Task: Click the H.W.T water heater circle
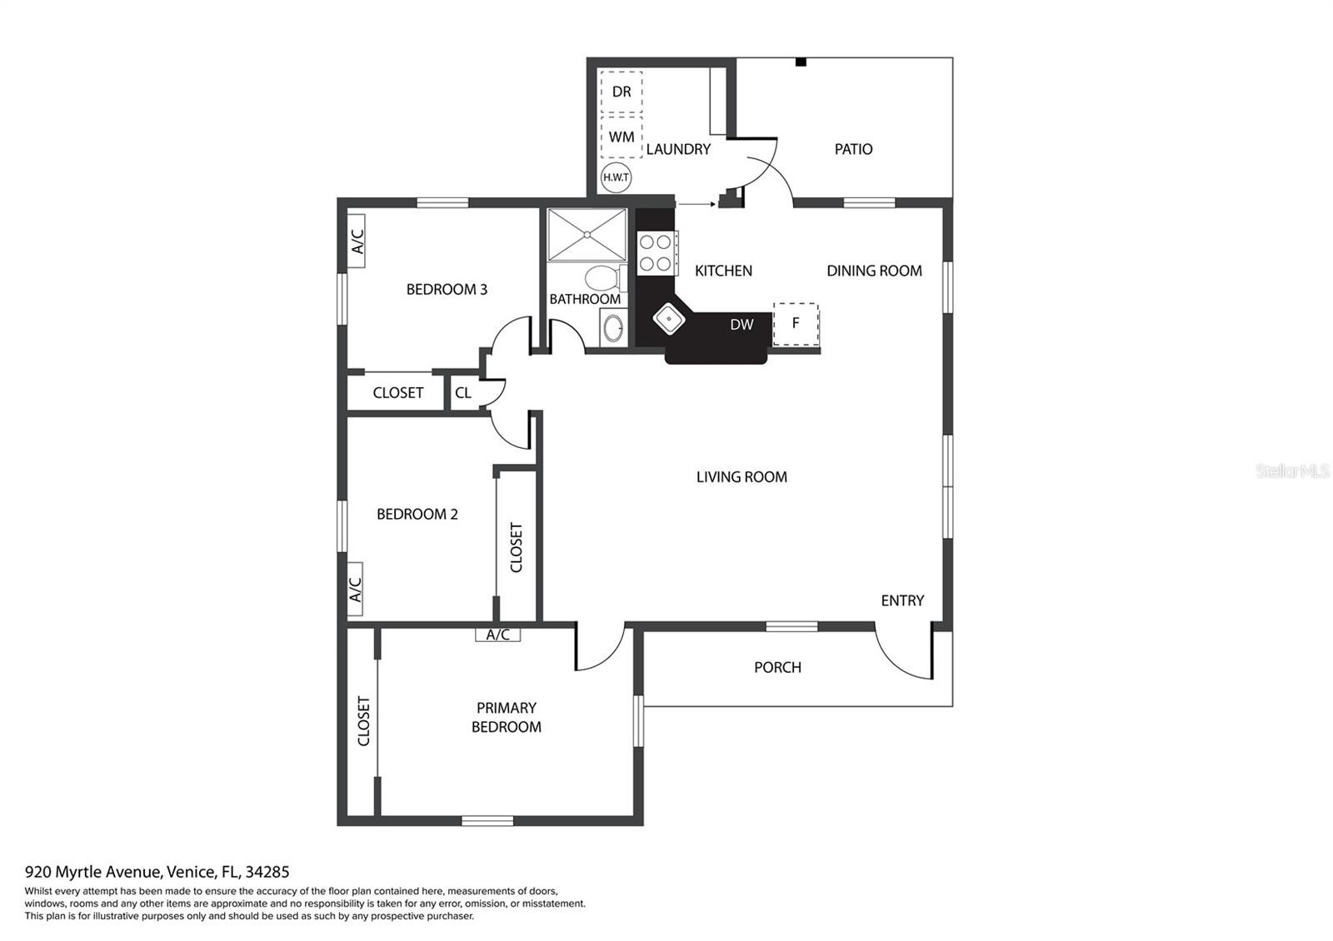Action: [x=616, y=177]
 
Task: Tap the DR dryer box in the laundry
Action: [x=622, y=92]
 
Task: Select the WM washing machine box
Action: [x=622, y=137]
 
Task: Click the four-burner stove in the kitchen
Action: [x=656, y=253]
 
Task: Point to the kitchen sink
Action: [x=669, y=319]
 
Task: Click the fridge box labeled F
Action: [x=796, y=324]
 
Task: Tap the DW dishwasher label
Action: [x=741, y=324]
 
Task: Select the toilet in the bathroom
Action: [x=605, y=278]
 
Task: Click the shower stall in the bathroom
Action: [x=587, y=234]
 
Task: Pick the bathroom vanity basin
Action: [x=613, y=326]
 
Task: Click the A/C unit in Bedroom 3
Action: [x=357, y=241]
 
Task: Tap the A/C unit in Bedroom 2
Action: [x=355, y=589]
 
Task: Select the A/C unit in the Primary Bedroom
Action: [x=497, y=635]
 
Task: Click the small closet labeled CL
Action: [x=463, y=392]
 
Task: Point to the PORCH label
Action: [x=777, y=667]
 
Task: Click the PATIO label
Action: [x=853, y=149]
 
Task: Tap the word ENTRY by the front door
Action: [x=902, y=600]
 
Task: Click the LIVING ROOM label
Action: [x=741, y=477]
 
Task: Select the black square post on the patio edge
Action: [x=801, y=62]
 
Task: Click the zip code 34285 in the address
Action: [x=267, y=872]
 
